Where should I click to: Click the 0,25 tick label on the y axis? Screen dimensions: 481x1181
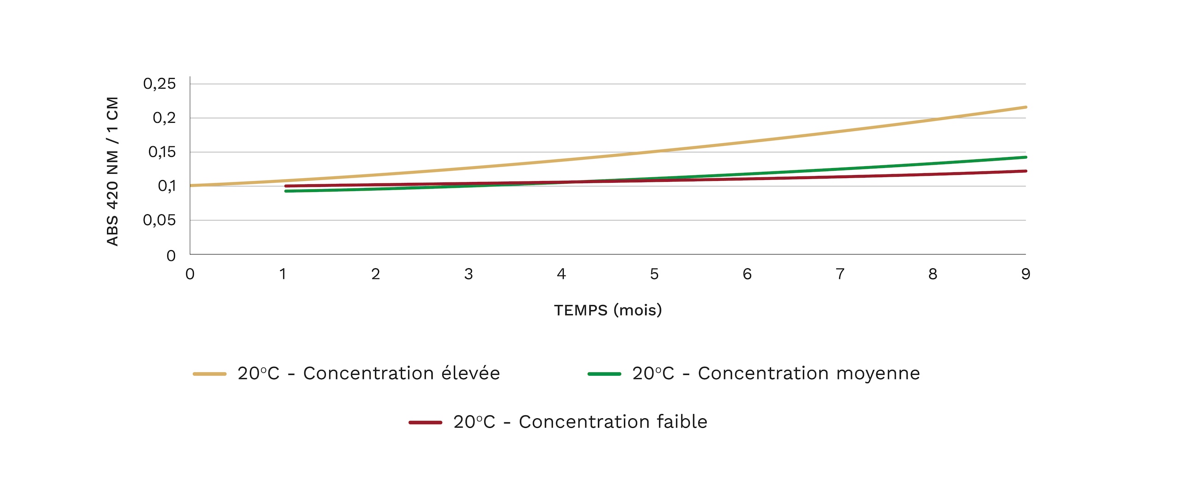[x=159, y=84]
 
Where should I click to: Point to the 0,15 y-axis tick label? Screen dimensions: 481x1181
[x=162, y=152]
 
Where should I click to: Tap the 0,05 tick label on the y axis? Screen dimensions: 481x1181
[x=159, y=220]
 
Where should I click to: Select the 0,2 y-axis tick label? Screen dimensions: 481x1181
[x=164, y=118]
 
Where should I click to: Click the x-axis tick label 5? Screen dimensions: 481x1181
[x=654, y=274]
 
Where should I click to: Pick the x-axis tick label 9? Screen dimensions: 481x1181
[x=1026, y=274]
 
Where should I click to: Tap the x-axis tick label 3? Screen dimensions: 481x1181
[x=469, y=274]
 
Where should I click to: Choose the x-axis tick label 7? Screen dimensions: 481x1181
[x=840, y=274]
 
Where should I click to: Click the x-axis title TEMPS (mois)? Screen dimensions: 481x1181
[x=608, y=310]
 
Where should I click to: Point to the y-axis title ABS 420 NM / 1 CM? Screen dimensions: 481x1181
[x=113, y=171]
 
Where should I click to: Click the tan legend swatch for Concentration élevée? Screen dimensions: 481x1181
[x=209, y=374]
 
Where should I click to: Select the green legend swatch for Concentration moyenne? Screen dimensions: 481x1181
[x=604, y=374]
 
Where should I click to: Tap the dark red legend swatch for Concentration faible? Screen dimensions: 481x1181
[x=425, y=422]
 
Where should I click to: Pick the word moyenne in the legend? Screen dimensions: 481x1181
[x=878, y=373]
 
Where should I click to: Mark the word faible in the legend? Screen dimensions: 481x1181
[x=682, y=421]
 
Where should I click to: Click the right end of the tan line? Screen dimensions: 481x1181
[x=1025, y=107]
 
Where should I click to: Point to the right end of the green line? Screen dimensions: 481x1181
[x=1025, y=157]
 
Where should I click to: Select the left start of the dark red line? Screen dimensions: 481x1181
[x=286, y=186]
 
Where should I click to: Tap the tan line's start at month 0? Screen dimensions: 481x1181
[x=191, y=186]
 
